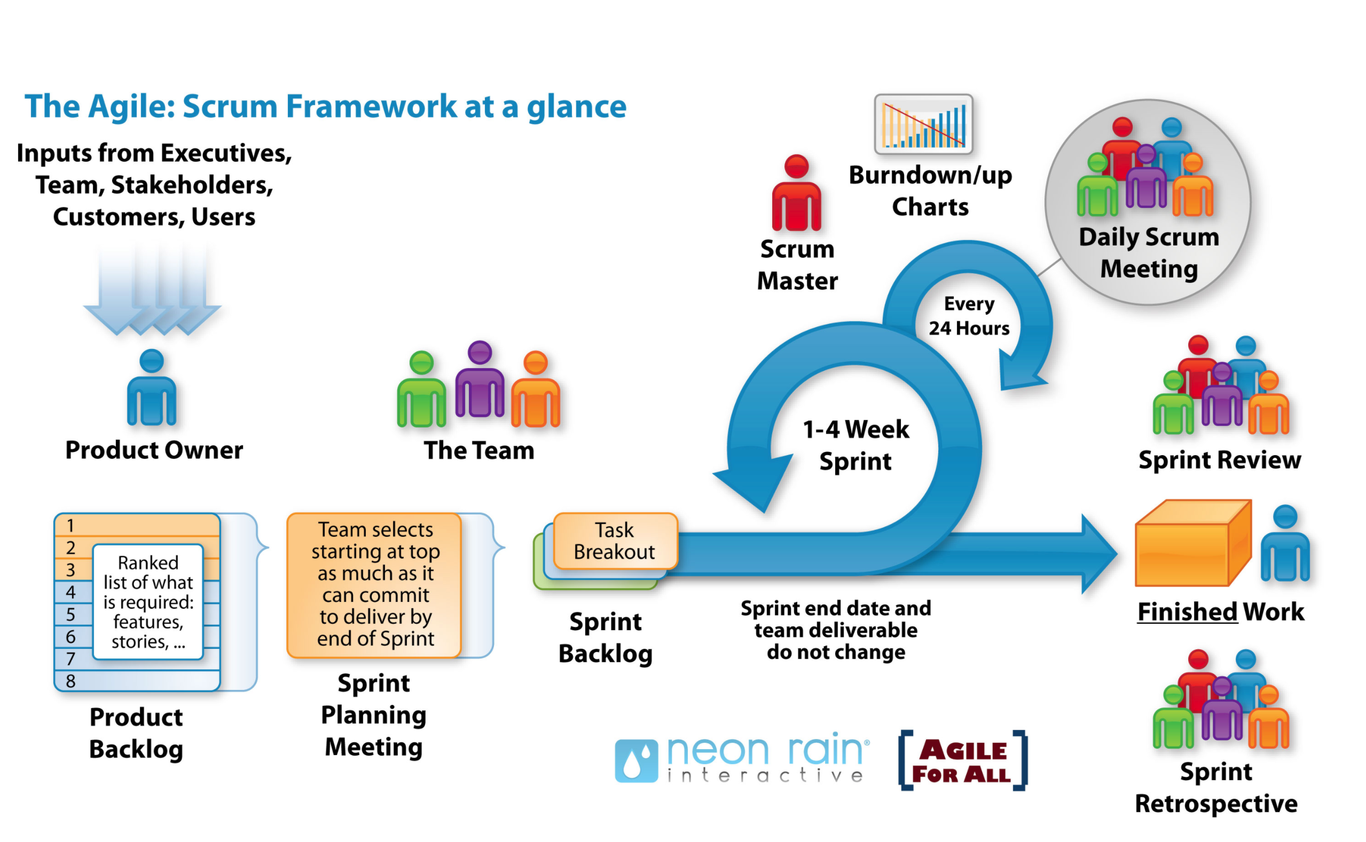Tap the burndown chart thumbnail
[x=923, y=124]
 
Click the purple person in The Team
[x=480, y=382]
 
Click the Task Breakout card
[x=615, y=541]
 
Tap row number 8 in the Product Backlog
[x=71, y=680]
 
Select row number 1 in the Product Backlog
[x=71, y=525]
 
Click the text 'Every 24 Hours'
[x=969, y=316]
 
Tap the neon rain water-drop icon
[x=636, y=761]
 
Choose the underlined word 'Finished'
[x=1187, y=611]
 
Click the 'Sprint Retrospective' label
[x=1215, y=788]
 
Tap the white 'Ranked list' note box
[x=148, y=602]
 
